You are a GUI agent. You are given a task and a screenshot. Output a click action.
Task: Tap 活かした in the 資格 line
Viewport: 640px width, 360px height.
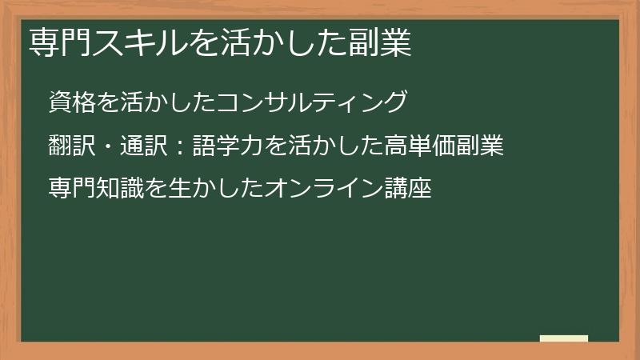168,102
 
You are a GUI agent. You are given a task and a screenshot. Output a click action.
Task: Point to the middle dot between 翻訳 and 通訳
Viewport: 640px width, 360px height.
108,147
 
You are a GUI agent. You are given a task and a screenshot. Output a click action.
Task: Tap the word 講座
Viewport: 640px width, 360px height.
408,190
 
